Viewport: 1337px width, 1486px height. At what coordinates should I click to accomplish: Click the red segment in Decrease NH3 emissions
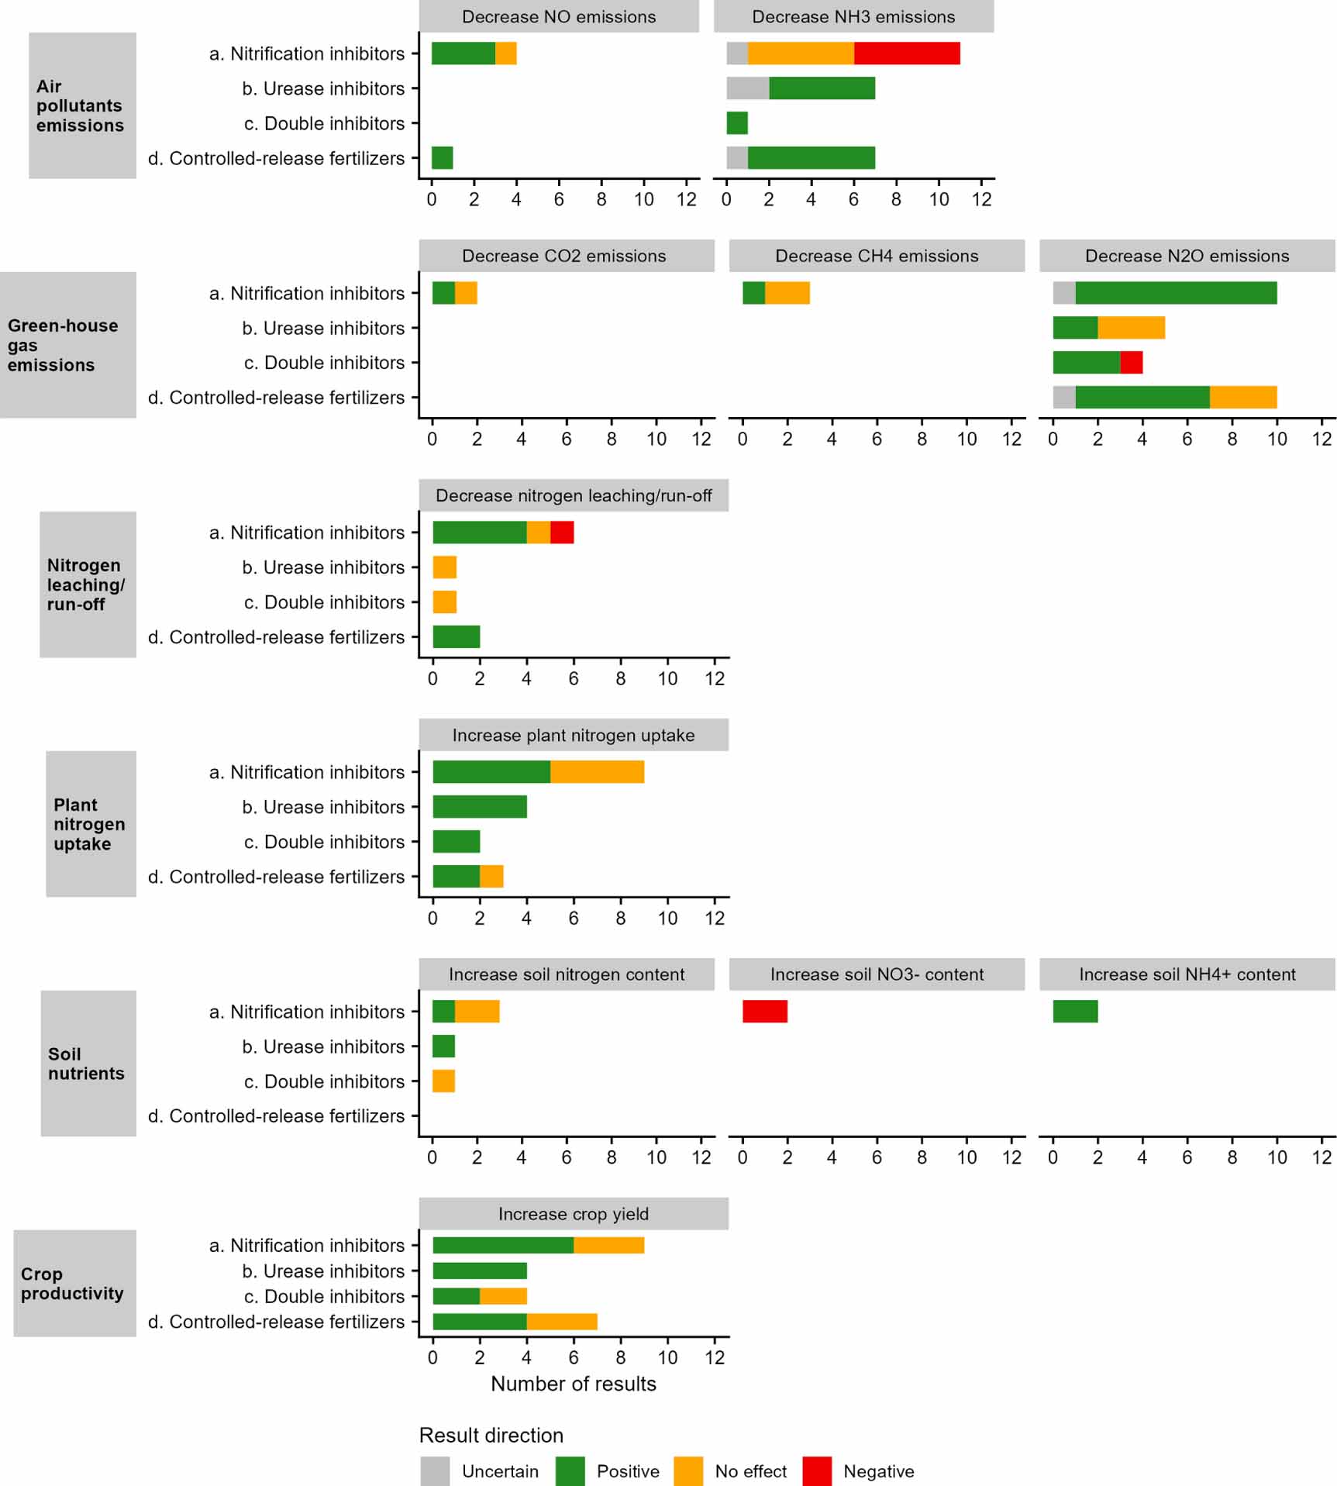tap(907, 53)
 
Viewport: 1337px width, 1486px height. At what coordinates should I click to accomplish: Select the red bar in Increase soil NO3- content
tap(765, 1011)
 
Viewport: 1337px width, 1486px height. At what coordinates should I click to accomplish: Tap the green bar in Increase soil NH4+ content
tap(1075, 1011)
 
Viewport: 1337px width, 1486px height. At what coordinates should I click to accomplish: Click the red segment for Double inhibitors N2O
tap(1131, 362)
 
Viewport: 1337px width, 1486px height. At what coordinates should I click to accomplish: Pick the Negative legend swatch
tap(817, 1470)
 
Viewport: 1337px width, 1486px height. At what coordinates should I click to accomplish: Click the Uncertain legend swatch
tap(435, 1470)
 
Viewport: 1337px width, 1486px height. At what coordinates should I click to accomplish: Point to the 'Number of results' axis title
tap(573, 1384)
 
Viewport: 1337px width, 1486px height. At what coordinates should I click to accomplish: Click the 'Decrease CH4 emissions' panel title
tap(877, 256)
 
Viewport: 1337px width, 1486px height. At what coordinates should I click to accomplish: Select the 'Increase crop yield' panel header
tap(573, 1214)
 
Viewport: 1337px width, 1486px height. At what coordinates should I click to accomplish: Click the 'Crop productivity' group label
tap(73, 1284)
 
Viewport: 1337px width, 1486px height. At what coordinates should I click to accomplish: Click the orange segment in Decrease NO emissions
tap(505, 53)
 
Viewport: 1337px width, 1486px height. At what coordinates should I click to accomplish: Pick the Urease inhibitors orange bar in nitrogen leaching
tap(444, 567)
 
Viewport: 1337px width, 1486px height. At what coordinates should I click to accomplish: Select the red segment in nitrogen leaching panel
tap(562, 533)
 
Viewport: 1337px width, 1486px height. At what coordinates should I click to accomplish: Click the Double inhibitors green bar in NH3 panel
tap(737, 123)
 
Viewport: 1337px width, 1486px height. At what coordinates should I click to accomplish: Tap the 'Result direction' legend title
tap(491, 1435)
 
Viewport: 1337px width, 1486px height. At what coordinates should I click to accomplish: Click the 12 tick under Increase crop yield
tap(715, 1357)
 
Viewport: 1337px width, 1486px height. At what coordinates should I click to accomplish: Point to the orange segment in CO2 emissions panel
tap(466, 293)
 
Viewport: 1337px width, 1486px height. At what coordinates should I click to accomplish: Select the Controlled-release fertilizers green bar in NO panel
tap(442, 158)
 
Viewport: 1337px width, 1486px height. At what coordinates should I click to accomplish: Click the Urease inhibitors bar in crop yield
tap(480, 1271)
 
